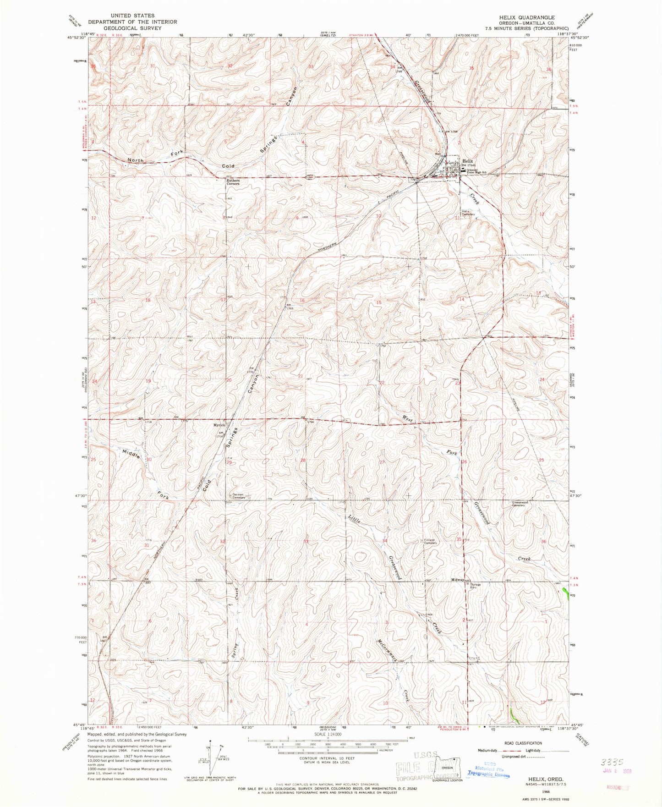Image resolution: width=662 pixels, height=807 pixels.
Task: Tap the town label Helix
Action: pyautogui.click(x=467, y=161)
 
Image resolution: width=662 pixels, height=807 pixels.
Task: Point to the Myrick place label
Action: pyautogui.click(x=218, y=425)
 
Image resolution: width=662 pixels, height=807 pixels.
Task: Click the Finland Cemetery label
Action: pyautogui.click(x=430, y=541)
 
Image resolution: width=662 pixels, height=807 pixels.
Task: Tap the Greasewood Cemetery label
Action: pyautogui.click(x=520, y=504)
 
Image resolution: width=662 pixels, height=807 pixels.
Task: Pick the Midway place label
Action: pyautogui.click(x=457, y=580)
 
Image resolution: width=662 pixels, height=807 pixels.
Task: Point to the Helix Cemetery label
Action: pyautogui.click(x=468, y=213)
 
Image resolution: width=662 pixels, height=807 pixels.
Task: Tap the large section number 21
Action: pyautogui.click(x=301, y=376)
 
